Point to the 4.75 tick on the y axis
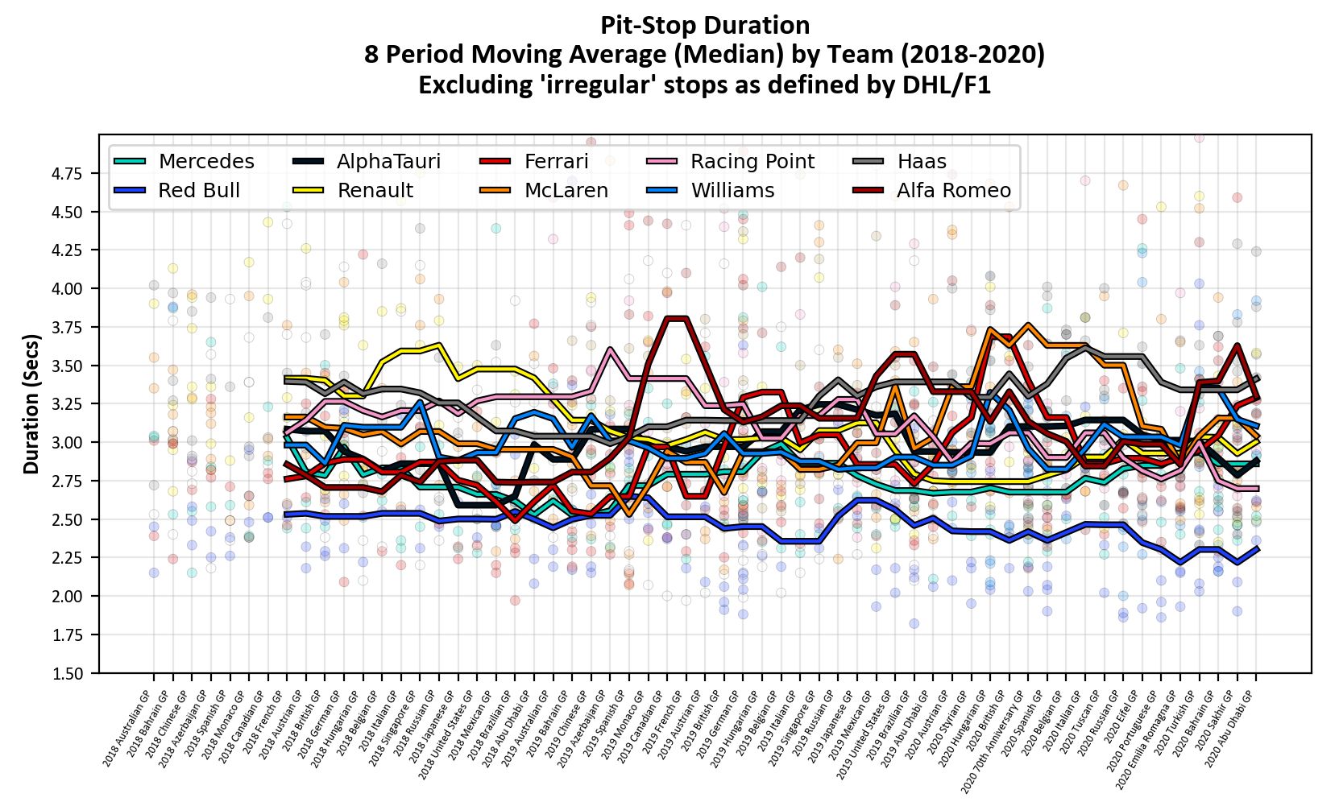[68, 173]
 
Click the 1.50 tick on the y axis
[68, 673]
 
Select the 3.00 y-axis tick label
[68, 443]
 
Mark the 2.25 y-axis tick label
[68, 558]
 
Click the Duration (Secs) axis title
[31, 403]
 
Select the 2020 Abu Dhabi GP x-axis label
[1230, 729]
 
